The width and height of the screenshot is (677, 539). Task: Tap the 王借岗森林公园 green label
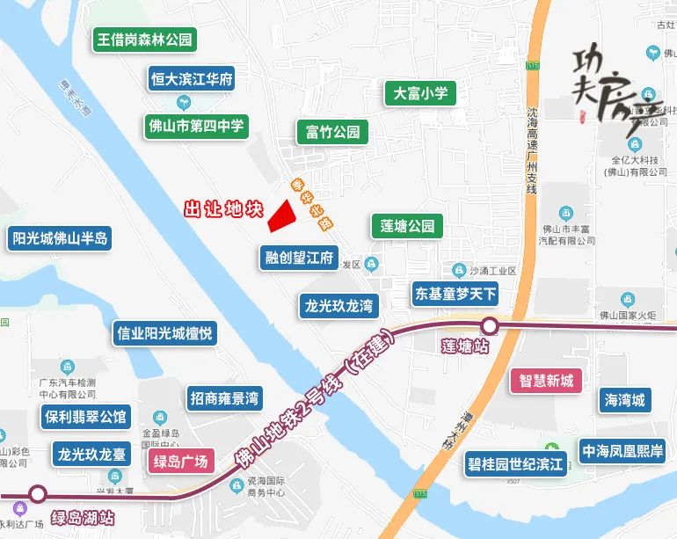pyautogui.click(x=144, y=40)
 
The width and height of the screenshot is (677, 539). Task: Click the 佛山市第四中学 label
pyautogui.click(x=196, y=126)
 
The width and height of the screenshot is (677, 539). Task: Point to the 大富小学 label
pyautogui.click(x=420, y=93)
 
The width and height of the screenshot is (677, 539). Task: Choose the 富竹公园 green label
pyautogui.click(x=332, y=133)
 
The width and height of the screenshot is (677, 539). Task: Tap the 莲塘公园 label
pyautogui.click(x=403, y=226)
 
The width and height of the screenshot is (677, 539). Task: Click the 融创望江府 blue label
pyautogui.click(x=300, y=258)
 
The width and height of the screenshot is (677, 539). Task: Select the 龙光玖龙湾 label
pyautogui.click(x=338, y=306)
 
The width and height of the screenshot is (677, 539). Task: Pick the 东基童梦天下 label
pyautogui.click(x=455, y=293)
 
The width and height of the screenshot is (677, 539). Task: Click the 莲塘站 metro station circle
pyautogui.click(x=490, y=327)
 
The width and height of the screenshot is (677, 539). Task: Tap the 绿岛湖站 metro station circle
pyautogui.click(x=38, y=494)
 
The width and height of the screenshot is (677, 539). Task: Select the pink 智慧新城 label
pyautogui.click(x=546, y=381)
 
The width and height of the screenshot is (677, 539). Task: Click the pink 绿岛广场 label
pyautogui.click(x=179, y=462)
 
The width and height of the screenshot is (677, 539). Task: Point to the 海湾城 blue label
pyautogui.click(x=625, y=401)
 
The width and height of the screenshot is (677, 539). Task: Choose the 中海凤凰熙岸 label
pyautogui.click(x=622, y=451)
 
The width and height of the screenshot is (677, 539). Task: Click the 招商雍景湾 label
pyautogui.click(x=224, y=398)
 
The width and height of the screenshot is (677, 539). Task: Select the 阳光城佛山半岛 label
pyautogui.click(x=59, y=238)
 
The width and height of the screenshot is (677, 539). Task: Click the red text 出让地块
pyautogui.click(x=223, y=210)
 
